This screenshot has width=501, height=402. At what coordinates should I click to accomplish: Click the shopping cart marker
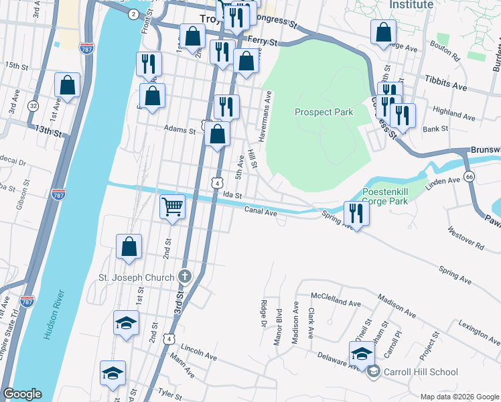[x=173, y=207]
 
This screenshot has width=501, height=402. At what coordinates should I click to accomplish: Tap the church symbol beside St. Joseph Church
[x=185, y=277]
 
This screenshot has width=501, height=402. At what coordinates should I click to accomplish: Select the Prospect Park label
[x=324, y=113]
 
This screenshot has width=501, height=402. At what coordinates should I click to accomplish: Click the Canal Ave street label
[x=261, y=212]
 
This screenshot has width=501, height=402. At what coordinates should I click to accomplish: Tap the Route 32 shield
[x=33, y=106]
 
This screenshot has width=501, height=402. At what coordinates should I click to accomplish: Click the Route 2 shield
[x=133, y=14]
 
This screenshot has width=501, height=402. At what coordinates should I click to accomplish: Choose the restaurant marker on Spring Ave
[x=356, y=213]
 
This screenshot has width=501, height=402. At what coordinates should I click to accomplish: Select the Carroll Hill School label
[x=421, y=372]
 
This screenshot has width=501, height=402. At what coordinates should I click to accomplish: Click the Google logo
[x=22, y=394]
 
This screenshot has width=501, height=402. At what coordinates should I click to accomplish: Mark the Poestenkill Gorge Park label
[x=385, y=196]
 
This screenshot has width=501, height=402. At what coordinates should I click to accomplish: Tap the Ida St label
[x=232, y=194]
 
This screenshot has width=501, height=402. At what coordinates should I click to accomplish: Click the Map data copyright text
[x=459, y=396]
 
